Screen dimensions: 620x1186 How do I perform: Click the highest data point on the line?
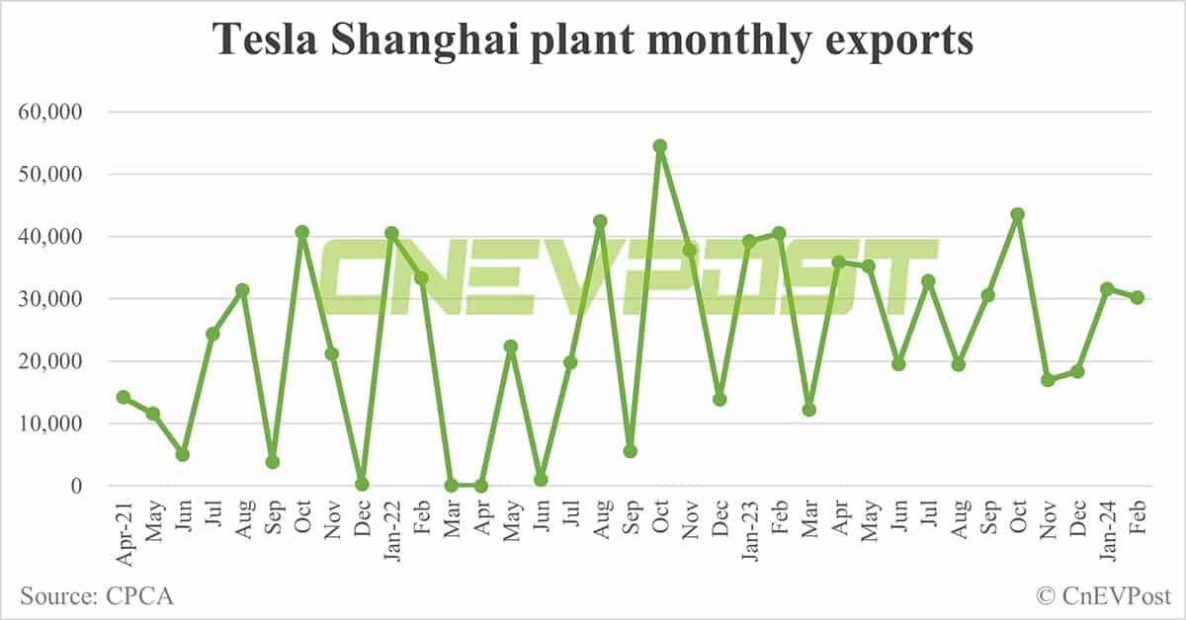point(660,146)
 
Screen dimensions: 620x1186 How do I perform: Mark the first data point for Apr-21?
point(124,397)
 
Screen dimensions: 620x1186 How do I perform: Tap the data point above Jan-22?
point(391,233)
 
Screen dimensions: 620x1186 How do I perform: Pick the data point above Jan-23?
point(749,241)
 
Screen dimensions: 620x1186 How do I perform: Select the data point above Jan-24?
point(1107,289)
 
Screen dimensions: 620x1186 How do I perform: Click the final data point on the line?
point(1137,297)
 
